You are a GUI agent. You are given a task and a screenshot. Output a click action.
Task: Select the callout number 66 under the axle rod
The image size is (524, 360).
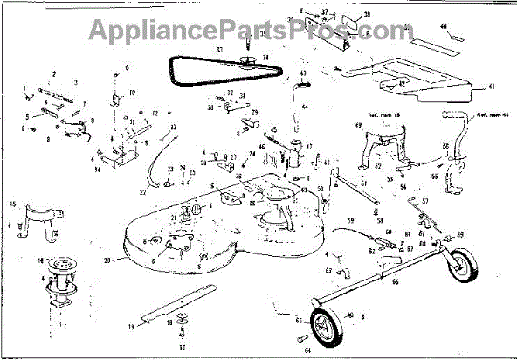click(394, 281)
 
